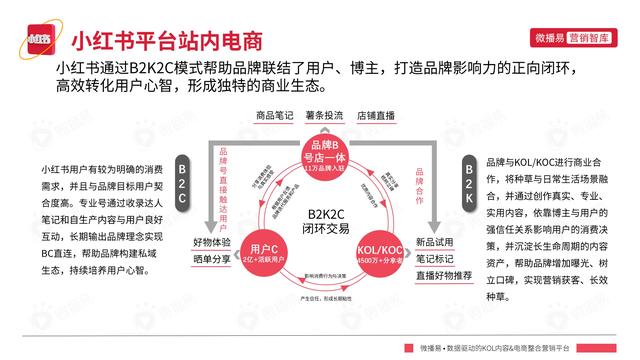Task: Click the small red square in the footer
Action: tap(410, 347)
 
